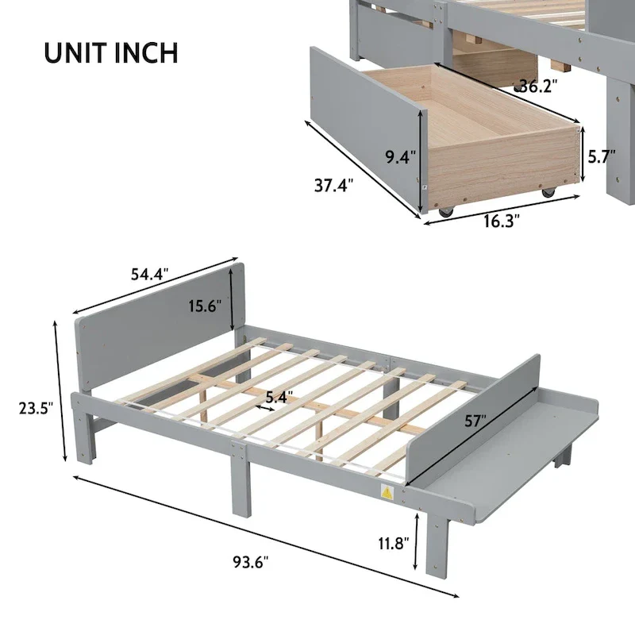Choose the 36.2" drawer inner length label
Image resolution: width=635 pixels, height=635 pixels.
[537, 86]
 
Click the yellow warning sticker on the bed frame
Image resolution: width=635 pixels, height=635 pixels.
[388, 492]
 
